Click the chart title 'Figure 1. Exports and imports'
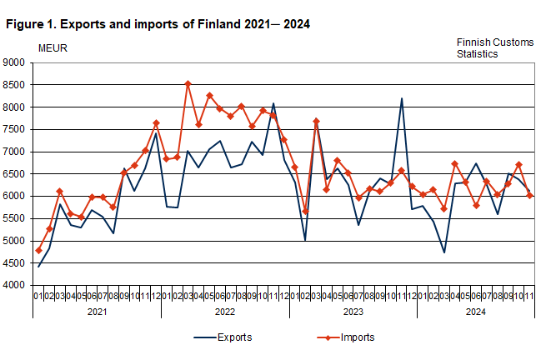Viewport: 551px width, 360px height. pyautogui.click(x=158, y=24)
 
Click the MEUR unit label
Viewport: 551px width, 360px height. pyautogui.click(x=53, y=47)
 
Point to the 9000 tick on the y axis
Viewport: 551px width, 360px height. pyautogui.click(x=15, y=62)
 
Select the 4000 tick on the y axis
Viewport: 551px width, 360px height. pyautogui.click(x=15, y=286)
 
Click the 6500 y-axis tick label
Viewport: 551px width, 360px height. pyautogui.click(x=15, y=174)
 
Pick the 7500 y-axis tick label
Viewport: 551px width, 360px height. pyautogui.click(x=15, y=129)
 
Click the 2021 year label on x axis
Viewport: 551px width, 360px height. pyautogui.click(x=97, y=311)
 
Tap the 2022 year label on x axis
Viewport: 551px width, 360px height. pyautogui.click(x=225, y=311)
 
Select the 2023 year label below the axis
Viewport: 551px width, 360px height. pyautogui.click(x=353, y=311)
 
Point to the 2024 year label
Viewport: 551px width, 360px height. pyautogui.click(x=475, y=311)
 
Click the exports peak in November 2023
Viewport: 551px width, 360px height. pyautogui.click(x=401, y=98)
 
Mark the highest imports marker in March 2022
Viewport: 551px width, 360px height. pyautogui.click(x=188, y=83)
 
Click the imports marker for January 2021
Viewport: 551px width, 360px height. pyautogui.click(x=38, y=250)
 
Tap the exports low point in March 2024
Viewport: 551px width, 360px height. pyautogui.click(x=444, y=252)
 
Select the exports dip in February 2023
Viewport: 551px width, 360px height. pyautogui.click(x=305, y=240)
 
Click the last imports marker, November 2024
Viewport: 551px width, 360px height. pyautogui.click(x=529, y=195)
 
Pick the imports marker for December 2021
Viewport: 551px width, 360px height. pyautogui.click(x=156, y=123)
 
